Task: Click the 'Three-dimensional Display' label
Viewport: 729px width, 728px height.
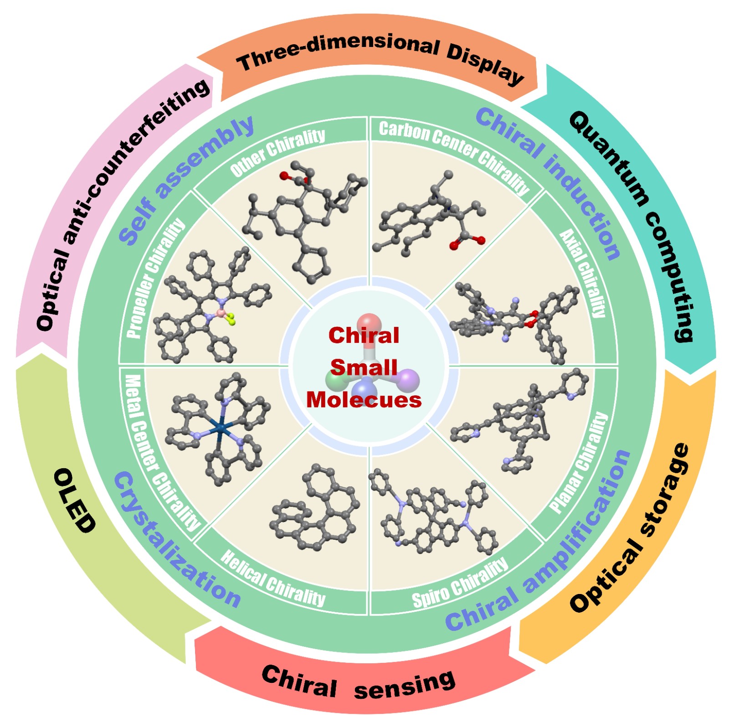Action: coord(380,57)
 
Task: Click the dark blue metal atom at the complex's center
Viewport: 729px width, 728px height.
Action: coord(221,428)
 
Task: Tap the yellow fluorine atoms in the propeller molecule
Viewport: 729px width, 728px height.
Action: coord(231,319)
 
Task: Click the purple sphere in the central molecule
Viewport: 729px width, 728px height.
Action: coord(408,380)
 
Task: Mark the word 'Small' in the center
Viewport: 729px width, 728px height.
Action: coord(364,367)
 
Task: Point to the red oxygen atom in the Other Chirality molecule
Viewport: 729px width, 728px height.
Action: coord(284,176)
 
